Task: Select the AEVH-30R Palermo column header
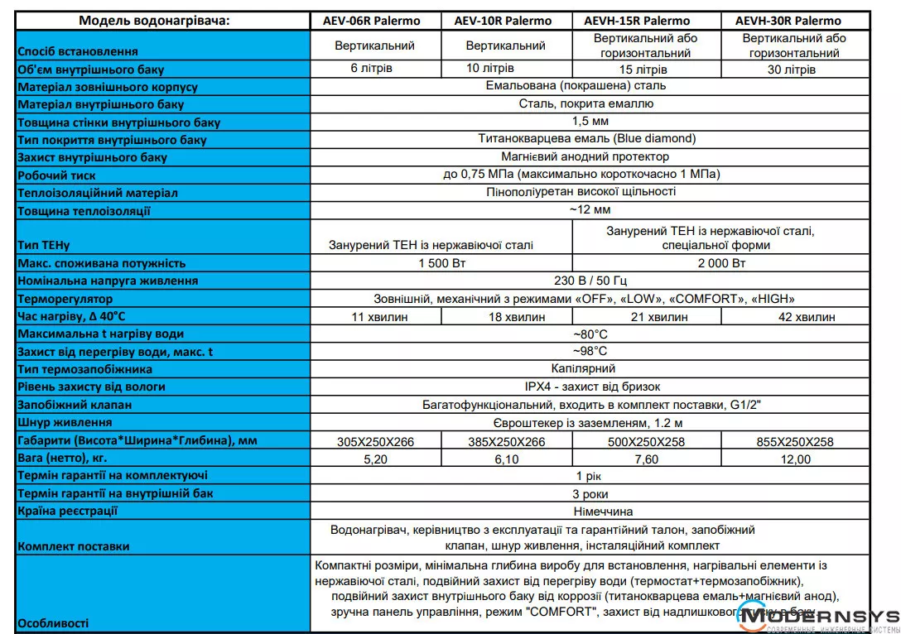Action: coord(793,21)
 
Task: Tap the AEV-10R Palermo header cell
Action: coord(506,21)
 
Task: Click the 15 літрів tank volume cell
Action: coord(643,70)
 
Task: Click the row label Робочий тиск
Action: coord(56,175)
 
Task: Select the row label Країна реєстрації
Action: coord(67,511)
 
